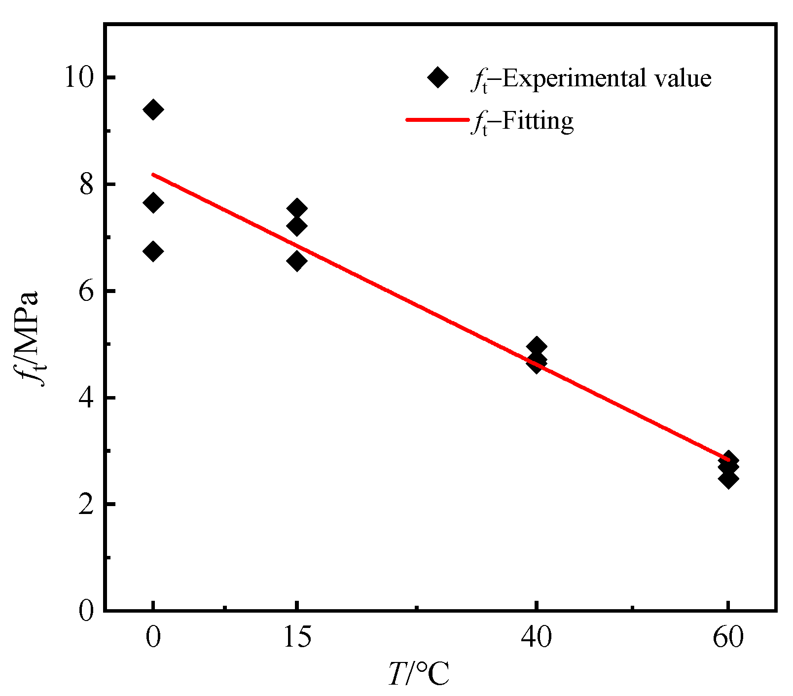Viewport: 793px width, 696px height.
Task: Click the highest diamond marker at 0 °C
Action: tap(153, 109)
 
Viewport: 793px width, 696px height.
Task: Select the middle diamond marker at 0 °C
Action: tap(153, 202)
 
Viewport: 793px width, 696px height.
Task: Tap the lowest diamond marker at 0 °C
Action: tap(153, 252)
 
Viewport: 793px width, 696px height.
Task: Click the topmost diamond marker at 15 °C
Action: tap(297, 209)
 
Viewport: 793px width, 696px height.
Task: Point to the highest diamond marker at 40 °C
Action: tap(537, 346)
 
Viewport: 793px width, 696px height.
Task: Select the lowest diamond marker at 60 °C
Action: tap(728, 478)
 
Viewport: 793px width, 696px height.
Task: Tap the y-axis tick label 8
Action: tap(87, 184)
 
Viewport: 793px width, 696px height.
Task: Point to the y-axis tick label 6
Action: tap(87, 291)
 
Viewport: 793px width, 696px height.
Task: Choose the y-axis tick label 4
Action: tap(87, 398)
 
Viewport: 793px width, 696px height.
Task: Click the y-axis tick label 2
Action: tap(87, 504)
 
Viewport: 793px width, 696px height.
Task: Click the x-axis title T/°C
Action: tap(419, 674)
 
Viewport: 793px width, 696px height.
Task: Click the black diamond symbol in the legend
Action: tap(437, 77)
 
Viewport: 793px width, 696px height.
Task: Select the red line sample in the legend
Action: tap(436, 120)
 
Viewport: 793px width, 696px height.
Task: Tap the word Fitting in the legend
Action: tap(538, 120)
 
